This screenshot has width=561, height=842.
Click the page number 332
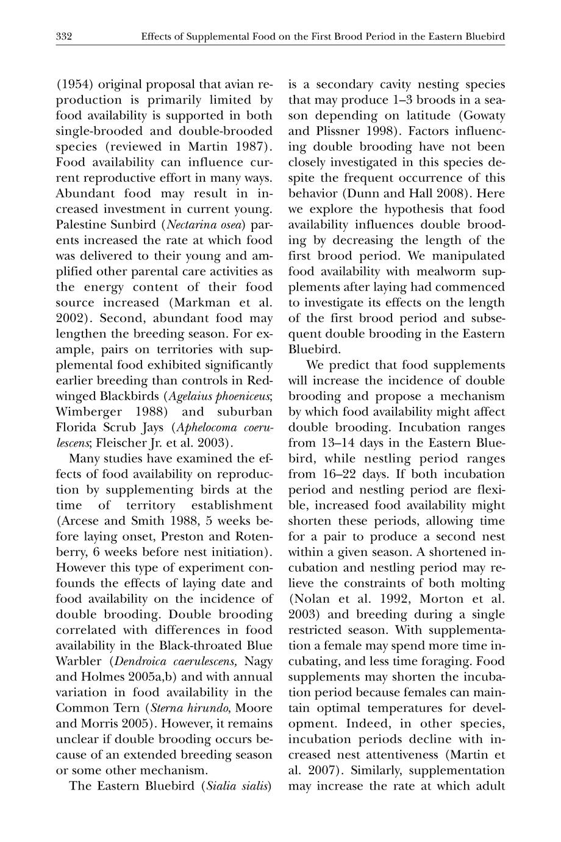(64, 37)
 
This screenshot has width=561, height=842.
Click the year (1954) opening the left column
(75, 84)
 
